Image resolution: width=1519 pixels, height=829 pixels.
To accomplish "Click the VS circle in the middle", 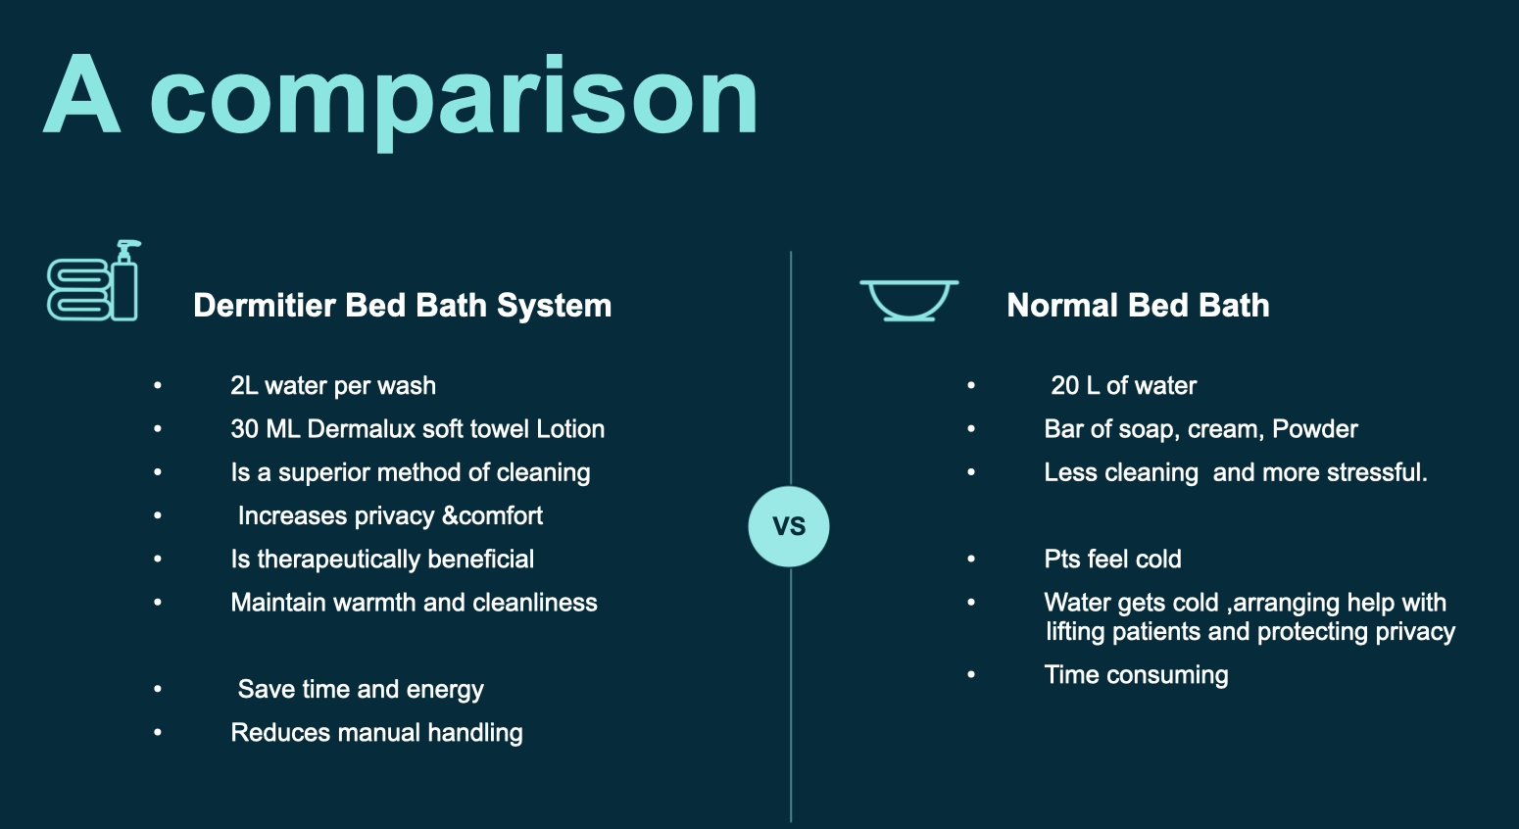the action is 789,526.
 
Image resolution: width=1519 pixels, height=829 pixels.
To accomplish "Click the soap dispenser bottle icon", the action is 124,280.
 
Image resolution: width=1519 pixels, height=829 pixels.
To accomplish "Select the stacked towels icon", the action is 78,289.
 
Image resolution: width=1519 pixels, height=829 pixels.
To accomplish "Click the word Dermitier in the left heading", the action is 265,305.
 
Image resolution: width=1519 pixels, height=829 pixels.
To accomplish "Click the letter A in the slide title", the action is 82,95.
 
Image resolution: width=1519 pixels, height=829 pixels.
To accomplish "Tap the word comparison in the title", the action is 453,102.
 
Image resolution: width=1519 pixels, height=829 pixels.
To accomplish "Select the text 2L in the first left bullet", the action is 244,386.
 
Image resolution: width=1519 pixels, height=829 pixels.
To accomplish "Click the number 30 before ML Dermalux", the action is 244,429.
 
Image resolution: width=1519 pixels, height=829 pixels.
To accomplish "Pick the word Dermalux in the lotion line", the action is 361,429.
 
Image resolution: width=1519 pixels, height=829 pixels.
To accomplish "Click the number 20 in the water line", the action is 1064,386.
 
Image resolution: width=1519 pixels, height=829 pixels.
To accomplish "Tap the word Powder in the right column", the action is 1315,429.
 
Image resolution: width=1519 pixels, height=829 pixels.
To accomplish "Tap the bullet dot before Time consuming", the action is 971,674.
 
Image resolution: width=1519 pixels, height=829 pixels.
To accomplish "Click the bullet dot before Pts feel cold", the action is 971,560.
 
